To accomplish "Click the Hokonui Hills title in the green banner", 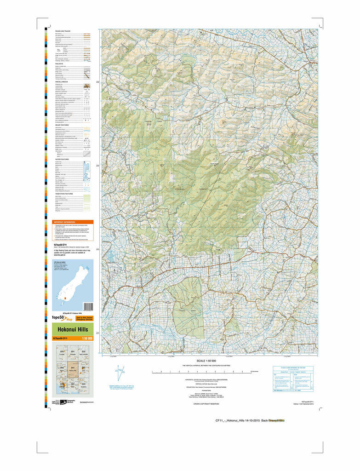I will point(69,329).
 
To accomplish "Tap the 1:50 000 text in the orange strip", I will point(87,339).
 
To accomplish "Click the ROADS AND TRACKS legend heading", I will point(63,31).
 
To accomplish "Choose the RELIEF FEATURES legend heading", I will point(63,125).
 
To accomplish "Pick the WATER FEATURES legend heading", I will point(63,159).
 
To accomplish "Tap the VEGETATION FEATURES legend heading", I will point(65,194).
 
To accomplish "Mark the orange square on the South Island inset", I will point(66,298).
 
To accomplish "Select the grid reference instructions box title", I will point(293,368).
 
